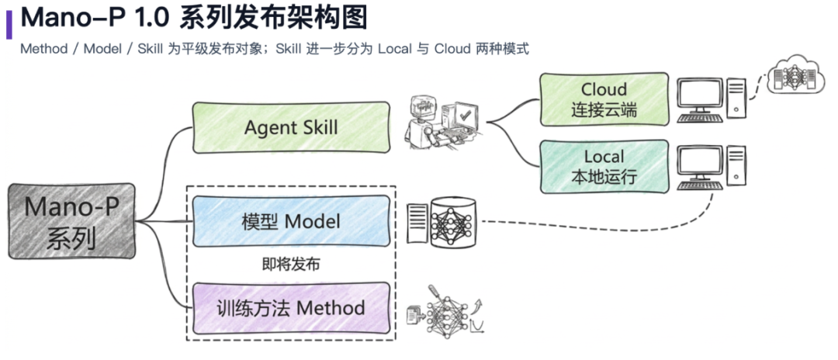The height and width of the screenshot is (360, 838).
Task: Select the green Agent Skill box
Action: pos(291,127)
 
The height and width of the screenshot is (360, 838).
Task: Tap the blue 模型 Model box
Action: pos(291,222)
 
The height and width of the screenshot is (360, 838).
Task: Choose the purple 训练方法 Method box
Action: pos(291,308)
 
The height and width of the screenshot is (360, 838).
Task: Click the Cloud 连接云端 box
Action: pos(604,99)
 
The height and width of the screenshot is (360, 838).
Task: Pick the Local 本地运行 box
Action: pos(604,166)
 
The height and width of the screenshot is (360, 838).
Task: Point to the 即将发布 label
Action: pos(291,265)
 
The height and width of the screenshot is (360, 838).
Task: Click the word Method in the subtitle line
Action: pos(45,49)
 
